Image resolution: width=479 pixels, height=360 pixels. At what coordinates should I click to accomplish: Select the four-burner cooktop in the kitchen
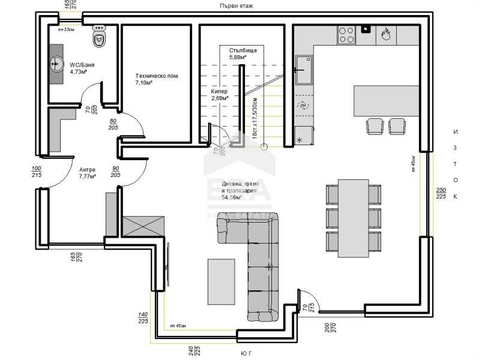pos(347,34)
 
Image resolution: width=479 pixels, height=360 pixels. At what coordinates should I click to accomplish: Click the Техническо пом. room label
pos(157,80)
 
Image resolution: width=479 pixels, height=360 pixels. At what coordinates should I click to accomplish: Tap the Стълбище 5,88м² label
pos(243,54)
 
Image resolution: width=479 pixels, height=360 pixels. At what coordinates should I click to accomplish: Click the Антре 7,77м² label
pos(87,173)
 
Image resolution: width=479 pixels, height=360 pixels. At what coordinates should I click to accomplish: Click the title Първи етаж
pos(236,5)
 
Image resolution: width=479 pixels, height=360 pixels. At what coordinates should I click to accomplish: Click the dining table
pos(353,217)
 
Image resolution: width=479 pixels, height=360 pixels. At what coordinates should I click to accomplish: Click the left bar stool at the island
pos(375,126)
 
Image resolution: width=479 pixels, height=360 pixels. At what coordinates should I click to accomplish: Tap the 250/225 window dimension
pos(441,193)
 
